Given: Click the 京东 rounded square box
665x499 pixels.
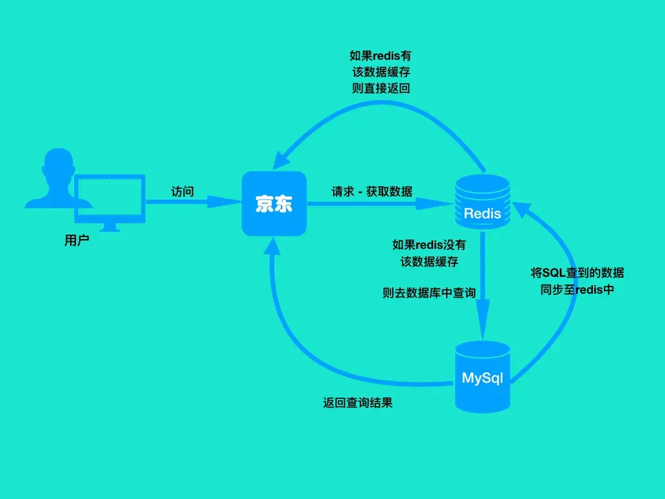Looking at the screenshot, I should click(x=273, y=204).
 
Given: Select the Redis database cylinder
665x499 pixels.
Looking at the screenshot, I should click(x=482, y=201).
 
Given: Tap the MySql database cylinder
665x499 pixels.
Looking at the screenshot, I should click(x=482, y=377).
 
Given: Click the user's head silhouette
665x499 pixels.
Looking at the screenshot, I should click(x=57, y=165).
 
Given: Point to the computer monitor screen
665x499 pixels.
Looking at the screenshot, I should click(x=110, y=198).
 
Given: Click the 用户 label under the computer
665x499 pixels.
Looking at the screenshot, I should click(x=75, y=241).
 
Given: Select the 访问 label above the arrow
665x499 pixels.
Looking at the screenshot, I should click(x=182, y=192).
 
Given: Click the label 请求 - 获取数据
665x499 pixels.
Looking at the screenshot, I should click(x=372, y=192).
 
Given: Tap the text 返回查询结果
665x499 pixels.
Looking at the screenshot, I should click(x=358, y=403).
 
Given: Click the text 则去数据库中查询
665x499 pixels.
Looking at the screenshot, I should click(x=429, y=293).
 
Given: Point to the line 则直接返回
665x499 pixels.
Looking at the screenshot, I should click(x=381, y=88).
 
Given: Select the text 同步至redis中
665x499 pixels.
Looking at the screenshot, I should click(x=577, y=290).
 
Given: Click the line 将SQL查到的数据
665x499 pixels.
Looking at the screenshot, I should click(x=577, y=273).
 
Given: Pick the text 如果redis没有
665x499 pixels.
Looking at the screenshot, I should click(x=429, y=245).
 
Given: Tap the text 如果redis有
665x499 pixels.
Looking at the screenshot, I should click(x=381, y=56).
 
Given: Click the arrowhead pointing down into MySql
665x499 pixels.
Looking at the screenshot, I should click(x=483, y=327).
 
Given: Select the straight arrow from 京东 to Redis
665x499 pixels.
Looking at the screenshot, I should click(x=377, y=204).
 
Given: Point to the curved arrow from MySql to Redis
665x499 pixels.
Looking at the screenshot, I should click(x=571, y=312).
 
